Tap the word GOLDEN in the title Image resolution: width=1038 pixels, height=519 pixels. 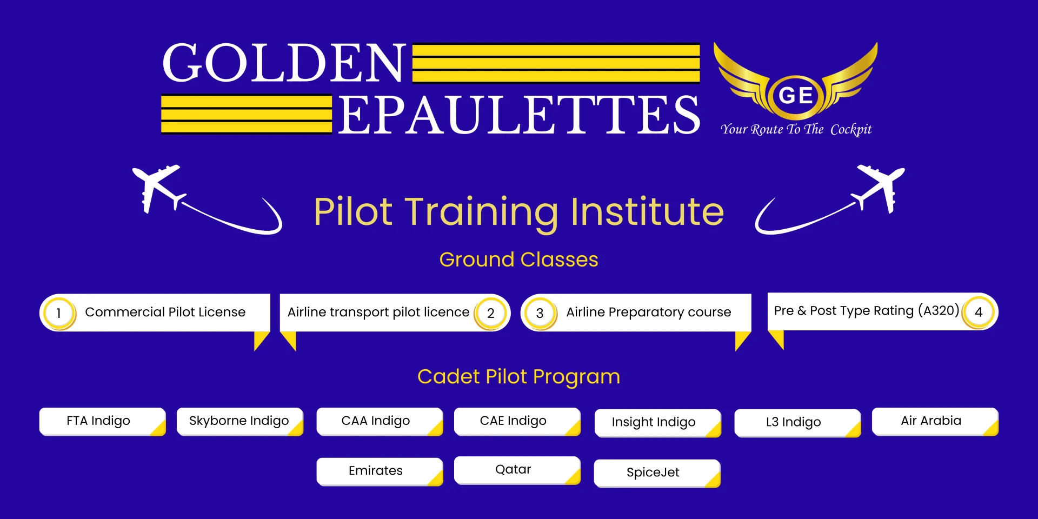coord(284,63)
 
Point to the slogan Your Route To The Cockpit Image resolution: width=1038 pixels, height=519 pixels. coord(796,129)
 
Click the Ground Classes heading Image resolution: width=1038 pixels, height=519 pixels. coord(518,259)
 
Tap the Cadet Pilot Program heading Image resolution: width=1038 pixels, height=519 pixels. coord(518,376)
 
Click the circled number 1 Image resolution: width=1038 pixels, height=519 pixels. coord(59,313)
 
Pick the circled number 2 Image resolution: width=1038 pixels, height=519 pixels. coord(491,313)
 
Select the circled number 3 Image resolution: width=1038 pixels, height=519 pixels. coord(540,313)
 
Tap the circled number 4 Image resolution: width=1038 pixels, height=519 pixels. coord(979,312)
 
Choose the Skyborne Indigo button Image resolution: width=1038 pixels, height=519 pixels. coord(239,421)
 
